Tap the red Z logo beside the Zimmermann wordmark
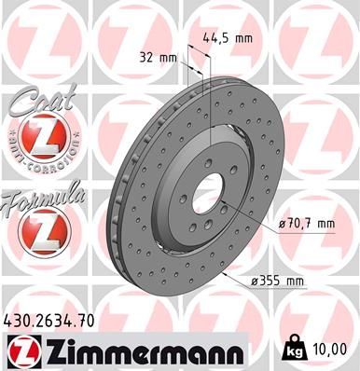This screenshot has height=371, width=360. coord(22,351)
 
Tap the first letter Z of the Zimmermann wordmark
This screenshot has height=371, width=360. coord(51,351)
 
